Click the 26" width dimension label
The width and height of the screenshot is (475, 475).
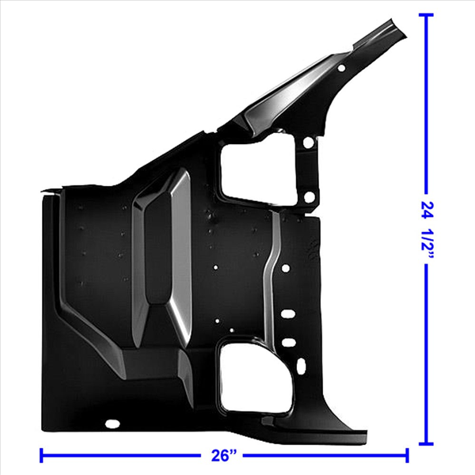[x=223, y=455]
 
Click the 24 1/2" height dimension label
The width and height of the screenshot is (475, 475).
[x=427, y=230]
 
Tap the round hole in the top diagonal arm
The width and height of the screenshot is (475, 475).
[x=341, y=68]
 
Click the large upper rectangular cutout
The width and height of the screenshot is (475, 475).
[x=257, y=172]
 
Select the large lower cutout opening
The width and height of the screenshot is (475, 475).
[x=256, y=377]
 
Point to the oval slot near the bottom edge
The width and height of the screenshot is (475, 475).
[x=112, y=424]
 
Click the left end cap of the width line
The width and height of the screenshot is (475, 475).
[x=41, y=455]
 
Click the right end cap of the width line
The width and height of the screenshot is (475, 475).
[x=407, y=455]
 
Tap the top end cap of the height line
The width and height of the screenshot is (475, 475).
[x=426, y=14]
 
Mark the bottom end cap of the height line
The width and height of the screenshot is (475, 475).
[x=426, y=444]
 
